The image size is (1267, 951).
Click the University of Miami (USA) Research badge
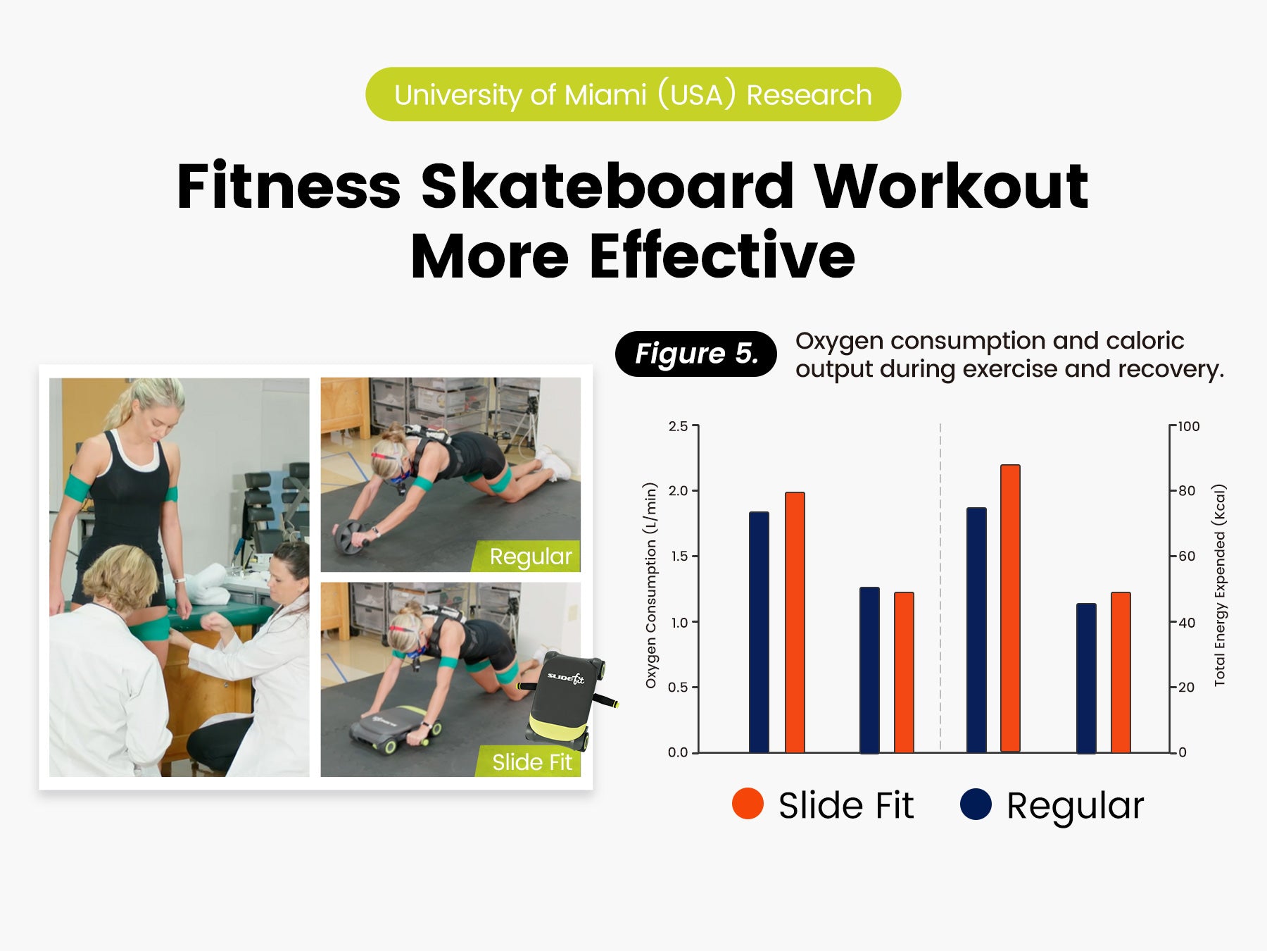click(x=633, y=94)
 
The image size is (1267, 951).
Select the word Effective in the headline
click(x=722, y=256)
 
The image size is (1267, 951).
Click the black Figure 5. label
click(x=695, y=354)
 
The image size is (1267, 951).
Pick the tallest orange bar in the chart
click(x=1010, y=609)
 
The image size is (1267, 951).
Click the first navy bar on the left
click(x=759, y=633)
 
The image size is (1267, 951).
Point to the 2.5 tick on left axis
click(x=678, y=426)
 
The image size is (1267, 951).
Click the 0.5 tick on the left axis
click(x=678, y=687)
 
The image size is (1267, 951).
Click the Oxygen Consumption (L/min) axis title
click(x=651, y=585)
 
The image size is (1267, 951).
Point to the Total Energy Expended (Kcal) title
click(x=1220, y=585)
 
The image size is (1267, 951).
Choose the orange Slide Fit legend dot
click(x=748, y=804)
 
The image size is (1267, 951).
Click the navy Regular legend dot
click(x=976, y=804)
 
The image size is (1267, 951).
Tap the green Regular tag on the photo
click(x=529, y=556)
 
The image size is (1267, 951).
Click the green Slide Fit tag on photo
click(x=529, y=762)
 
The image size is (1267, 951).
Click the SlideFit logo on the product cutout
click(x=566, y=678)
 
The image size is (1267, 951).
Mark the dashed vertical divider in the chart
click(x=940, y=587)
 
